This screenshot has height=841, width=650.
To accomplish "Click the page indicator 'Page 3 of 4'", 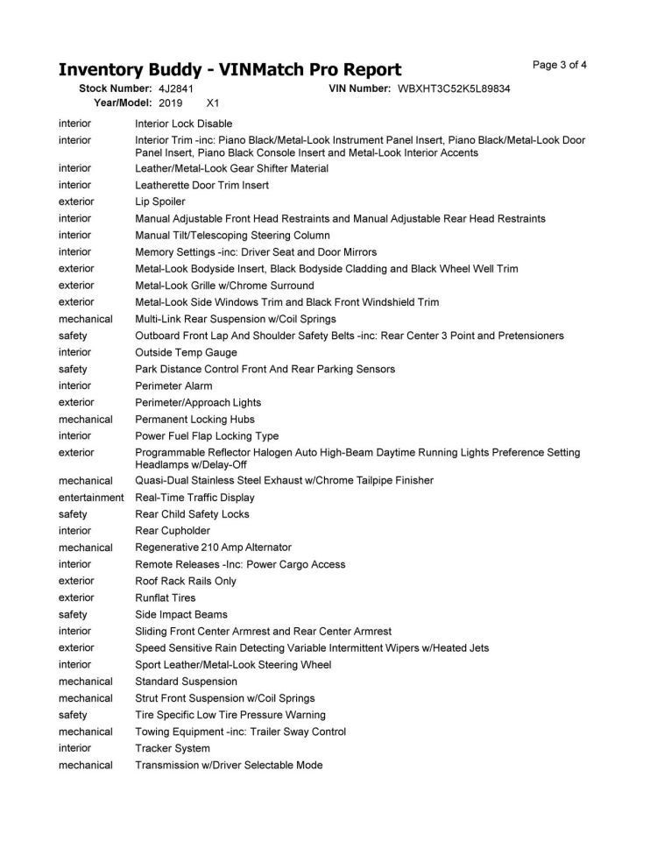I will point(560,65).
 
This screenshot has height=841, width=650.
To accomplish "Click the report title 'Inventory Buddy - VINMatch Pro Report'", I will point(230,70).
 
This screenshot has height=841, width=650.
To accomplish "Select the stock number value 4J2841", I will point(176,89).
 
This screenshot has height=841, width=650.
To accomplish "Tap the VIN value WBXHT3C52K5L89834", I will point(454,89).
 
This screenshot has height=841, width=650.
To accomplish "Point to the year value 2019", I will point(171,103).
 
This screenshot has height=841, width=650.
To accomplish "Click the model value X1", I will point(212,103).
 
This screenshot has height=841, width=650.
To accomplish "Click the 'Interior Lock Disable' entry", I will point(183,124).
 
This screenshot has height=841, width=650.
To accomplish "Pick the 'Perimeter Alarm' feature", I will point(173,385).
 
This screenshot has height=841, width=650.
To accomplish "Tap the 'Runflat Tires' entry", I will point(166,598).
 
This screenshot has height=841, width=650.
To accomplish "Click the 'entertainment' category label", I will point(91,498).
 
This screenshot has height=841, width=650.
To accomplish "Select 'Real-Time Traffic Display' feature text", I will point(194,498).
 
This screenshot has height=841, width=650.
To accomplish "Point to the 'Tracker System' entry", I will point(173,748).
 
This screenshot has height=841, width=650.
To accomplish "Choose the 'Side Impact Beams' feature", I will point(180,615).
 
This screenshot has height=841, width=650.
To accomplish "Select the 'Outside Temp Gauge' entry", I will point(186,352).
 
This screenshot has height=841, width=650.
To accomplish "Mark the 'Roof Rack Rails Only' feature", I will point(186,581).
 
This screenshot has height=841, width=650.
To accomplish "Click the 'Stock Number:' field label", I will point(116,89).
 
